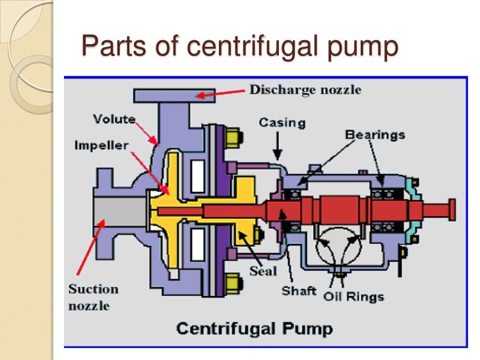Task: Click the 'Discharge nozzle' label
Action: click(x=305, y=90)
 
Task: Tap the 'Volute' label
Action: click(x=114, y=119)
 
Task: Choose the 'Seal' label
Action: click(x=263, y=270)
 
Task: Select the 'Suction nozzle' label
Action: click(x=92, y=297)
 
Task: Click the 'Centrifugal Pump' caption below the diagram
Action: click(x=253, y=328)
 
